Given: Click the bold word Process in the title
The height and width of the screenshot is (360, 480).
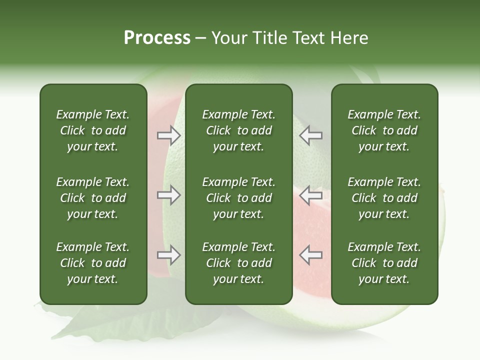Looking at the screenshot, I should (x=157, y=38).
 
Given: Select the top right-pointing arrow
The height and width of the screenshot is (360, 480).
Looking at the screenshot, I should (x=169, y=135).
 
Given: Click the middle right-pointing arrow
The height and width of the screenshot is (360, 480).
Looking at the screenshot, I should (x=169, y=195).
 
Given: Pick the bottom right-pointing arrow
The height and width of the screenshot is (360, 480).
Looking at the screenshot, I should (x=169, y=255).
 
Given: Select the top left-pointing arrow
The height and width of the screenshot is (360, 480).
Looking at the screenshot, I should (x=311, y=135).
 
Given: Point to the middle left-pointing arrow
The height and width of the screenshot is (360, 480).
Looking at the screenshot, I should (x=311, y=195).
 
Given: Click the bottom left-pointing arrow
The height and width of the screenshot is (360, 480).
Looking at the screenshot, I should (x=311, y=255).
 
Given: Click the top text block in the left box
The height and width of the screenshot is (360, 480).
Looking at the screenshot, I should (x=93, y=130).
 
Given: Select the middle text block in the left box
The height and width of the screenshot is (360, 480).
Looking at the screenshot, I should (x=93, y=198).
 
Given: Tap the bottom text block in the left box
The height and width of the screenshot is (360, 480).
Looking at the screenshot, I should (x=93, y=263).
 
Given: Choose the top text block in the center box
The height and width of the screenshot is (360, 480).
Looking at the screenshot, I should (x=239, y=130).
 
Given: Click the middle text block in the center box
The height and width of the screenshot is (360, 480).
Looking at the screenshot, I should (x=239, y=198).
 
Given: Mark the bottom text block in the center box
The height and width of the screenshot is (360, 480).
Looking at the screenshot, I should (x=239, y=263).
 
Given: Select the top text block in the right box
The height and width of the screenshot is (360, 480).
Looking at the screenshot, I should (x=384, y=130).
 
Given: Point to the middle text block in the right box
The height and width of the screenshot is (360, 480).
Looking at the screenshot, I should (x=384, y=198).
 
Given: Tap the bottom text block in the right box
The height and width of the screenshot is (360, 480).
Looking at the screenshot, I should (x=384, y=263).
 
